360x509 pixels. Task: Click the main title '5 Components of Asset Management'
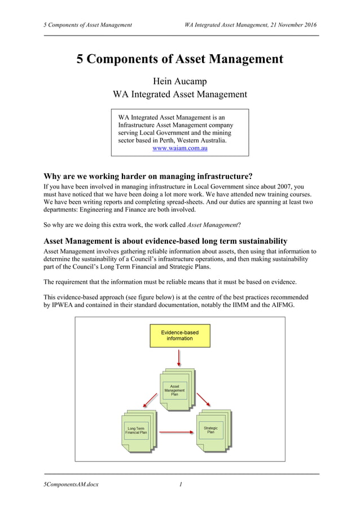[179, 59]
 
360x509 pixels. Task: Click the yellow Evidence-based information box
[179, 335]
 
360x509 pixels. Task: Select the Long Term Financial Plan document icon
[137, 432]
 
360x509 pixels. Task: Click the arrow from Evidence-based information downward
[179, 358]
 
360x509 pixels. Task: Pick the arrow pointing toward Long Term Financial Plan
[150, 400]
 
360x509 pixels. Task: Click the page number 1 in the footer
[181, 484]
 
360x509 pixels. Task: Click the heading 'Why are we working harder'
[147, 175]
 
